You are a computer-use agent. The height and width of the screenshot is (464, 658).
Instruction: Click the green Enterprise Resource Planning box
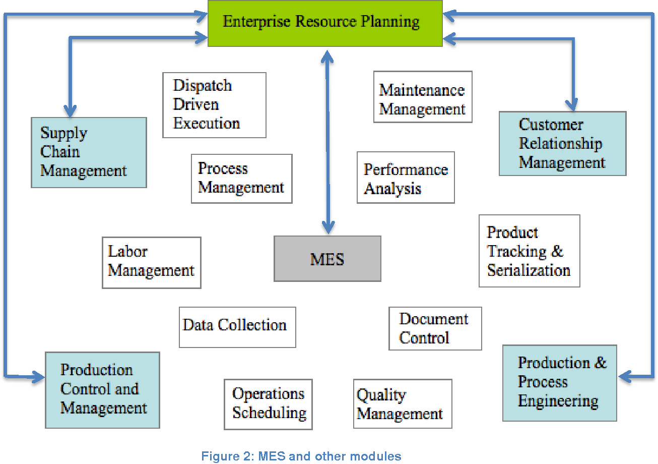pyautogui.click(x=325, y=23)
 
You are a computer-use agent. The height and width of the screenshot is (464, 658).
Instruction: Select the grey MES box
pyautogui.click(x=327, y=259)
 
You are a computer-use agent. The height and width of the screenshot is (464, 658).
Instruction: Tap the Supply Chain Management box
pyautogui.click(x=89, y=152)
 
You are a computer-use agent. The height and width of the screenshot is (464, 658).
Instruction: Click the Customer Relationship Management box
pyautogui.click(x=562, y=144)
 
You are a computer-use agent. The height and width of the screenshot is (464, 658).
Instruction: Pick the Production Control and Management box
pyautogui.click(x=102, y=390)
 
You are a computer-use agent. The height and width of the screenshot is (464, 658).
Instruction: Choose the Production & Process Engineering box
pyautogui.click(x=559, y=383)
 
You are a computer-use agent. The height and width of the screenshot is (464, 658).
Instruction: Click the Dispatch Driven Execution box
pyautogui.click(x=214, y=105)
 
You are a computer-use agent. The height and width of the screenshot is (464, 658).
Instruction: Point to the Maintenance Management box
pyautogui.click(x=423, y=97)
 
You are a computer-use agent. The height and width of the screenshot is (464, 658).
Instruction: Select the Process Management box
pyautogui.click(x=241, y=179)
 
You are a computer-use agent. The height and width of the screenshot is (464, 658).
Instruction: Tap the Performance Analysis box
pyautogui.click(x=406, y=178)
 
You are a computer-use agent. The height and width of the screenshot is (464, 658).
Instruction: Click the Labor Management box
pyautogui.click(x=151, y=262)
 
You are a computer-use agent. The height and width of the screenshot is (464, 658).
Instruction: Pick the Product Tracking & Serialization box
pyautogui.click(x=529, y=251)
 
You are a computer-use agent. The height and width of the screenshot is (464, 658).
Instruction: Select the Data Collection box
pyautogui.click(x=237, y=327)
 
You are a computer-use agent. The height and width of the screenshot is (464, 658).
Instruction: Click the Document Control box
pyautogui.click(x=435, y=328)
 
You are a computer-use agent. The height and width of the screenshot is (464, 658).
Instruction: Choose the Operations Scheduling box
pyautogui.click(x=268, y=404)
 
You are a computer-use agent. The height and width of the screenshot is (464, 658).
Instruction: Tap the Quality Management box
pyautogui.click(x=403, y=404)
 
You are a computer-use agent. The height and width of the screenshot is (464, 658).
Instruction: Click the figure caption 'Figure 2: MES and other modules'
pyautogui.click(x=301, y=456)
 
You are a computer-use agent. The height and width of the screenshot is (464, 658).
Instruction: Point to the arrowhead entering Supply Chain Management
pyautogui.click(x=70, y=111)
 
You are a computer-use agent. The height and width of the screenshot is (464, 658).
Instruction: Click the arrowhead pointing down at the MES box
pyautogui.click(x=328, y=227)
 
